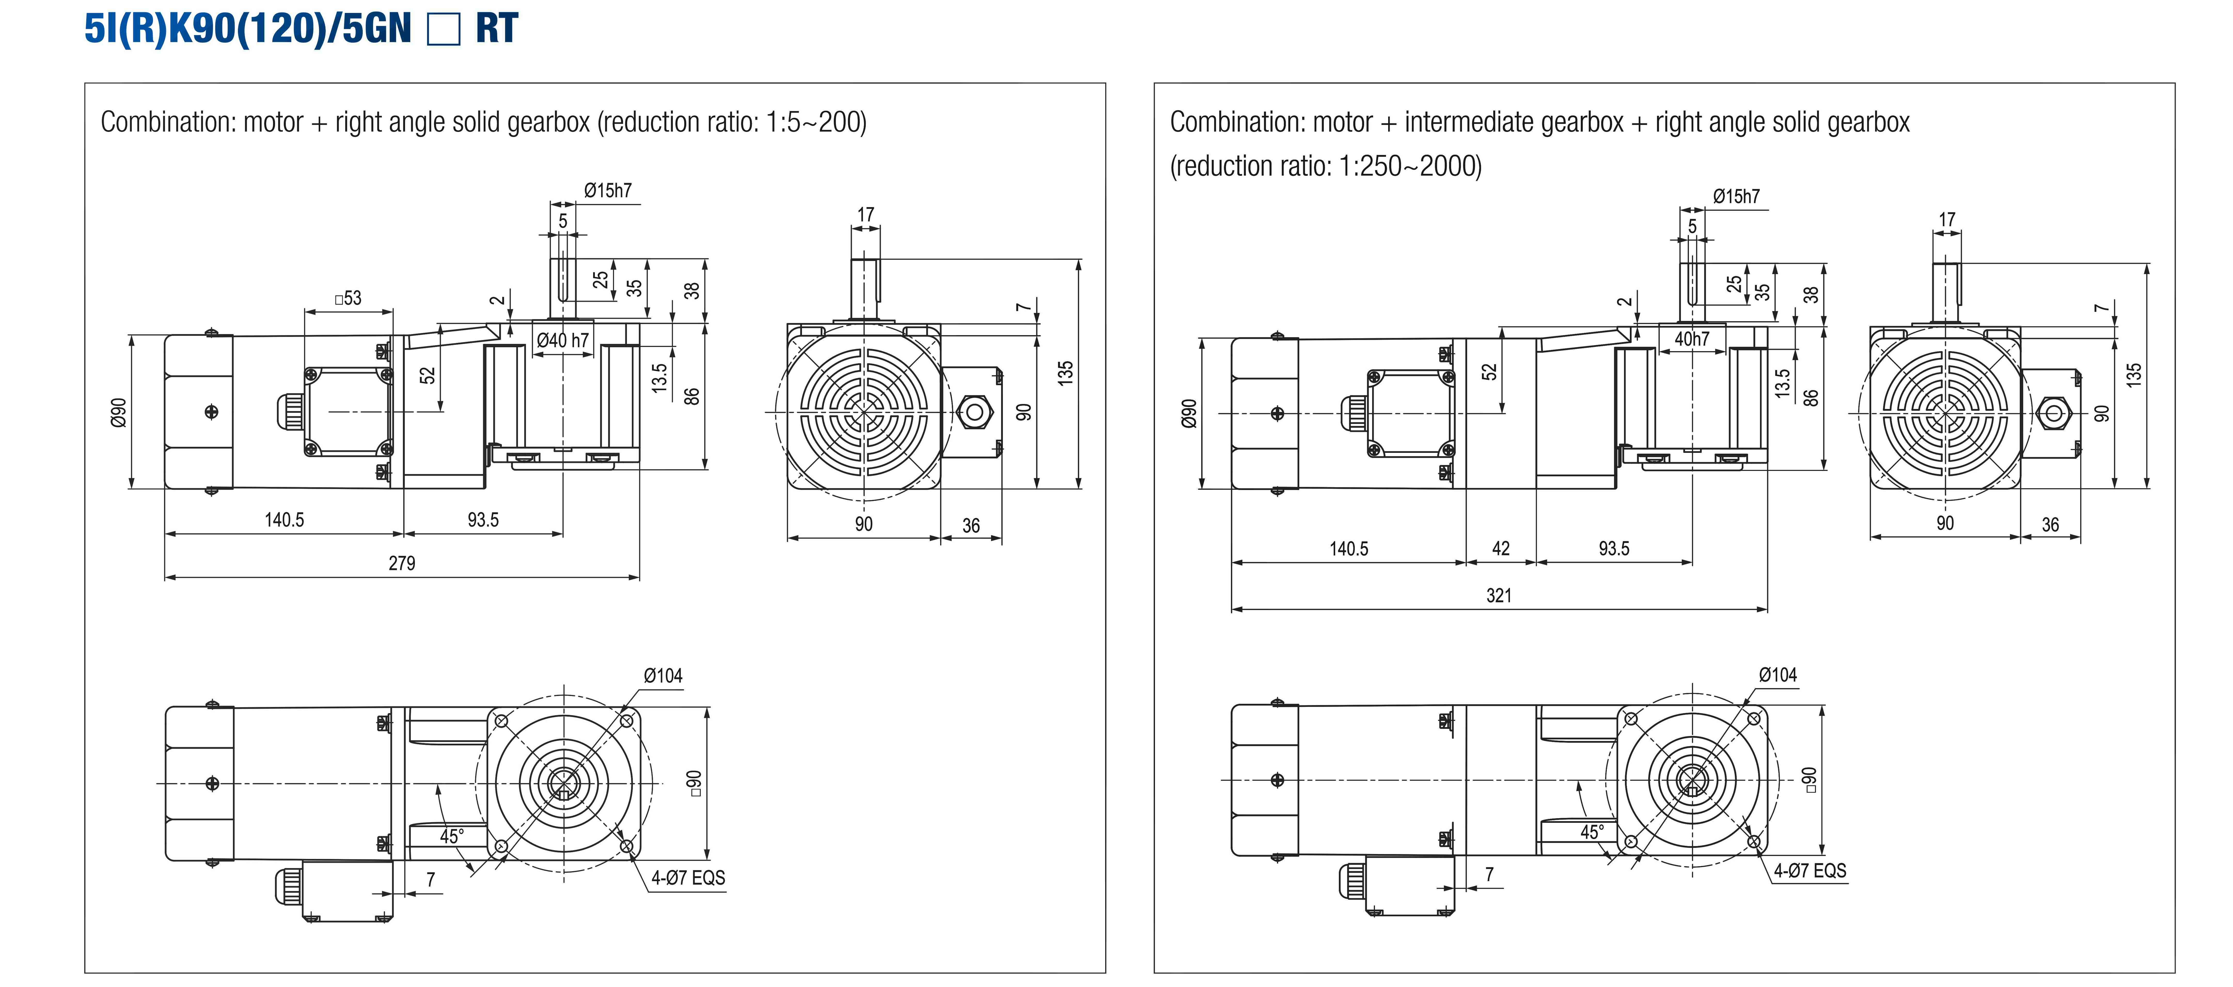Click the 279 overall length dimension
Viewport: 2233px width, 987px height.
coord(401,563)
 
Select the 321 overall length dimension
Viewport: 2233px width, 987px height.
coord(1499,595)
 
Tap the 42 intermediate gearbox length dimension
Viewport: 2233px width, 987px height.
coord(1500,549)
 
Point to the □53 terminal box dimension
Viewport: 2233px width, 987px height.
coord(348,298)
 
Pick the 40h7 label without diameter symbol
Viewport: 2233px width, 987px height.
coord(1691,339)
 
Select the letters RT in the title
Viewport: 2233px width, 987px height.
coord(497,29)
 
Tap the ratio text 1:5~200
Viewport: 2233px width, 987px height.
coord(815,122)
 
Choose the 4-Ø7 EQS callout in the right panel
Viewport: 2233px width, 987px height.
coord(1810,871)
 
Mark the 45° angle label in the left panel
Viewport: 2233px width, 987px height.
coord(452,836)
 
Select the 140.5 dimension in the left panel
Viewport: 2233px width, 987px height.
coord(284,520)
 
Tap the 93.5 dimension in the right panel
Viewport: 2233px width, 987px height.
coord(1614,549)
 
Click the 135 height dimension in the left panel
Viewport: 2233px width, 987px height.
coord(1065,373)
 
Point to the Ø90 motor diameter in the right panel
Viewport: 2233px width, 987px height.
coord(1189,413)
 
